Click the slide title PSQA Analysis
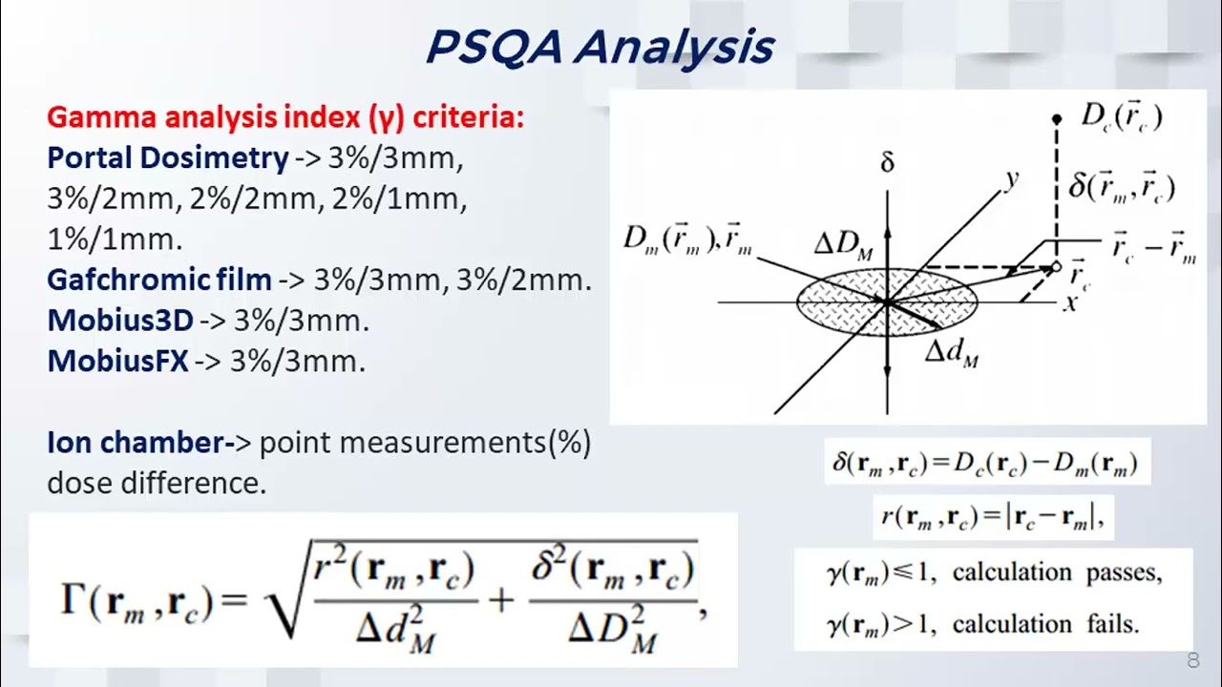tap(599, 46)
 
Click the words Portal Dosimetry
tap(167, 158)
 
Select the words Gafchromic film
tap(158, 280)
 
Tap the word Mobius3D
tap(119, 321)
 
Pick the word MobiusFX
tap(117, 362)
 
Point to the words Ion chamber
tap(135, 443)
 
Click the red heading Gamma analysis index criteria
tap(284, 117)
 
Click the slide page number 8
tap(1192, 660)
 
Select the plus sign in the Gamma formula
tap(502, 600)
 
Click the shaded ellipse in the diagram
tap(887, 302)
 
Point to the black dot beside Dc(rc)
tap(1057, 119)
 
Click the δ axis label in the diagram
tap(887, 163)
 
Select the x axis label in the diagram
tap(1069, 304)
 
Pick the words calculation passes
tap(1057, 573)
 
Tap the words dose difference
tap(156, 484)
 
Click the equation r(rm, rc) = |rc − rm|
tap(993, 516)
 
